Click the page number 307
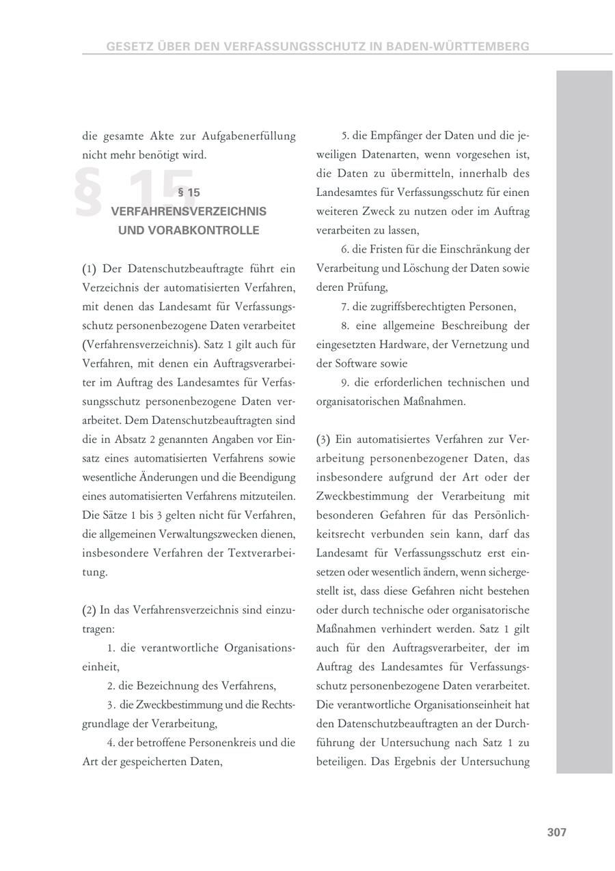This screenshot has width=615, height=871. coord(557,832)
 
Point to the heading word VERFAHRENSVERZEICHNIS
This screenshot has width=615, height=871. coord(189,212)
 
